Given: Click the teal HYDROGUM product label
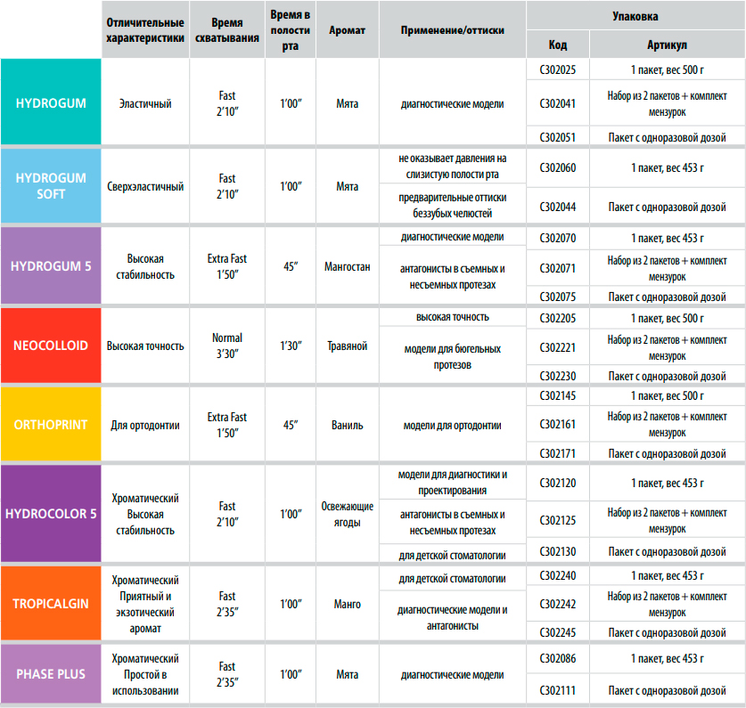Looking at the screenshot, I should coord(51,103).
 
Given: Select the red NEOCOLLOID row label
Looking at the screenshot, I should coord(51,345).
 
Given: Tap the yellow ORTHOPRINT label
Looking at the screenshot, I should coord(51,425).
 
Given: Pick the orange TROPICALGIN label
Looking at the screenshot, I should coord(51,603).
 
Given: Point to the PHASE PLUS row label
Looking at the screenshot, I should coord(51,673).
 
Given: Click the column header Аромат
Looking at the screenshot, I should coord(347,29).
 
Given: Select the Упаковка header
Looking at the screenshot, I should coord(635,15).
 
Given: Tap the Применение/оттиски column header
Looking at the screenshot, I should coord(452,29).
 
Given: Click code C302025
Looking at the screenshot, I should coord(557,69).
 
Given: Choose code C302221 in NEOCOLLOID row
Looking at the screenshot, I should coord(557,348).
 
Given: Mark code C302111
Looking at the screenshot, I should coord(557,690).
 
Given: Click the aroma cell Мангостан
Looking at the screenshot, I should coord(347,266).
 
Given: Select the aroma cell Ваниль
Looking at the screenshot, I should coord(347,425).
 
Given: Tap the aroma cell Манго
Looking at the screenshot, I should coord(347,604).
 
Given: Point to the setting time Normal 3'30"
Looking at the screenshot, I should coord(227,346).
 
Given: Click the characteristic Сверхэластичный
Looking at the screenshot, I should coord(145,187).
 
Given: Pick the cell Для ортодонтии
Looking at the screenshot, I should coord(145,425).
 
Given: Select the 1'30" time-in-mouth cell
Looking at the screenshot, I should coord(291,346).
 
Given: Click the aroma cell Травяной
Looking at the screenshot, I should coord(347,346).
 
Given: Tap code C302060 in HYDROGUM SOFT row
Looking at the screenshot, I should coord(557,167).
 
